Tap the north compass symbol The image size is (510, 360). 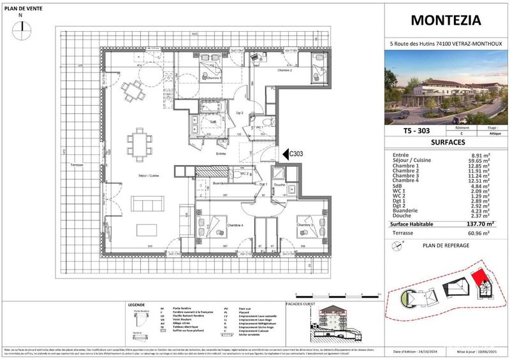[23, 26]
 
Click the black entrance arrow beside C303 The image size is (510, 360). [285, 154]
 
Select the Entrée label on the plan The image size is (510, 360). [221, 154]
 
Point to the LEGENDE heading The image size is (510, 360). [138, 305]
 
